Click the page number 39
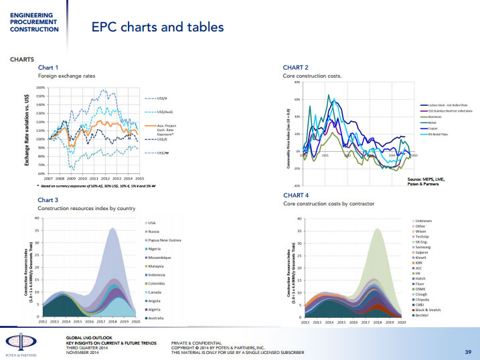[x=468, y=351]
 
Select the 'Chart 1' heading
[x=48, y=68]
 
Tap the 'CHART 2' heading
[x=296, y=68]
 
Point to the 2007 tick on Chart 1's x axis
[x=48, y=179]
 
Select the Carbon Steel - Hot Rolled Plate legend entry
[x=451, y=106]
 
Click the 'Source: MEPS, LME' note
[x=425, y=179]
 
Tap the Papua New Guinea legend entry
[x=164, y=240]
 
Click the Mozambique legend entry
[x=159, y=258]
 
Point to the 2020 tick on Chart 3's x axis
[x=135, y=322]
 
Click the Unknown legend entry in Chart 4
[x=423, y=220]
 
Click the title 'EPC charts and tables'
[x=157, y=27]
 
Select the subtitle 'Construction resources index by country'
[x=81, y=209]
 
